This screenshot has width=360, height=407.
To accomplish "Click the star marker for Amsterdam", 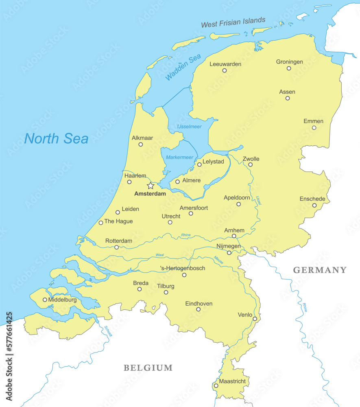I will [x=151, y=186].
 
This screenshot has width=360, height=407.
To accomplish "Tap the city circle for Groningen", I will [x=289, y=68].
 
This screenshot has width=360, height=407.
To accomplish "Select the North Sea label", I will [x=56, y=139].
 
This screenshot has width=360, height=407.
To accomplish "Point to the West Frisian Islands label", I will [x=233, y=22].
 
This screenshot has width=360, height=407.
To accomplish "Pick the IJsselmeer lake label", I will [x=189, y=127].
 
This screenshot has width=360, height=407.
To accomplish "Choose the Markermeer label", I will [x=179, y=157].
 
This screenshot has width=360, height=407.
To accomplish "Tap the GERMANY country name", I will [x=320, y=270].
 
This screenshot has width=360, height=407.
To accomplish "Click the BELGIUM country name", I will [x=148, y=368].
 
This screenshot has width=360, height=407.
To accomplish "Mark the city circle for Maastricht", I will [x=216, y=386].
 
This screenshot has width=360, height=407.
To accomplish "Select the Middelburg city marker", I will [x=45, y=300].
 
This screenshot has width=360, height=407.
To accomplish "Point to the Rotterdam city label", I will [x=119, y=241].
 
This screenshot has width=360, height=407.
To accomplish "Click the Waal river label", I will [x=159, y=255].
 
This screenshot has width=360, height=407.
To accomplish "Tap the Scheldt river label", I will [x=108, y=331].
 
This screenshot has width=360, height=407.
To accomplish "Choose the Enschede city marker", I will [x=314, y=205].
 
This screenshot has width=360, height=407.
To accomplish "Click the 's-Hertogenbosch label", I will [x=183, y=268].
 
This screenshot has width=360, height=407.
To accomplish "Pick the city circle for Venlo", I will [x=255, y=319].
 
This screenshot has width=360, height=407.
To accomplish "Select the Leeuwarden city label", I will [x=225, y=64].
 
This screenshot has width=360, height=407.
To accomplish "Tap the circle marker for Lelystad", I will [x=199, y=164].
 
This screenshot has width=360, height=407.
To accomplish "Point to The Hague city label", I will [x=118, y=221].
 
